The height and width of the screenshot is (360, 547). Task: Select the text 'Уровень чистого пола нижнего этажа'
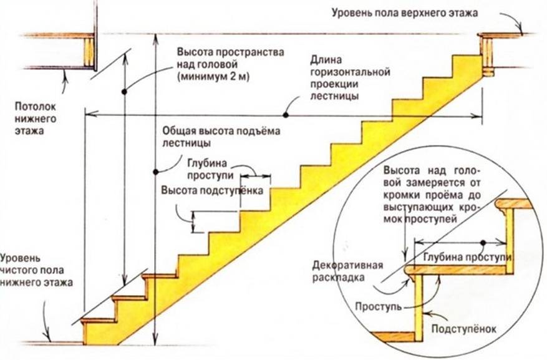[x=37, y=270]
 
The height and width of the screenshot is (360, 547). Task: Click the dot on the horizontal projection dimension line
[x=285, y=114]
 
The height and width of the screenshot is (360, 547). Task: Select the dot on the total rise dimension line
[x=155, y=170]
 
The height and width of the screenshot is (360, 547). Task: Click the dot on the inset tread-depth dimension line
[x=482, y=242]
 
